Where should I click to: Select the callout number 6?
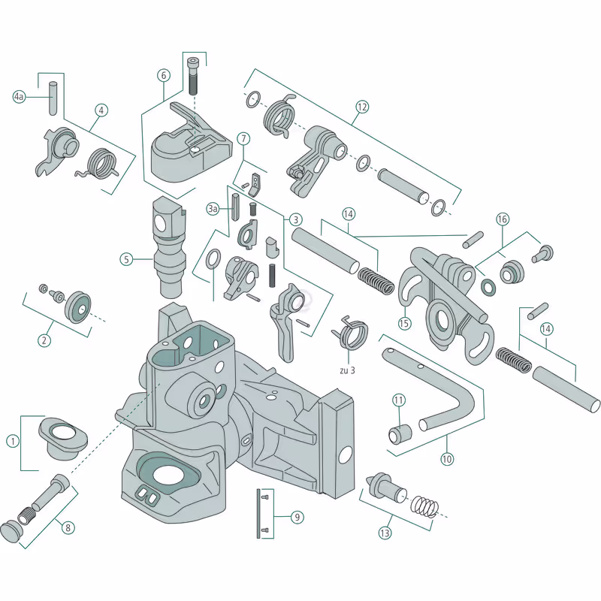(x=164, y=75)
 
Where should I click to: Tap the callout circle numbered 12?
(x=362, y=107)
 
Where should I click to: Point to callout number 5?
(x=127, y=259)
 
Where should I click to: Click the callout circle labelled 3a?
(x=213, y=209)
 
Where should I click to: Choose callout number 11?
(x=398, y=400)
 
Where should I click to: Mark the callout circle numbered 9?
(x=297, y=517)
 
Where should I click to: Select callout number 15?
(x=404, y=324)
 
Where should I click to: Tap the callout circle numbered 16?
(x=503, y=219)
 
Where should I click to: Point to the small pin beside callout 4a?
(x=53, y=98)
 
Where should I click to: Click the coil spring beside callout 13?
(x=425, y=507)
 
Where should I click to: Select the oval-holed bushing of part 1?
(x=63, y=436)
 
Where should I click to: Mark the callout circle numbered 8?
(x=68, y=527)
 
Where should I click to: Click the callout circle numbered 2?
(x=44, y=340)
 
